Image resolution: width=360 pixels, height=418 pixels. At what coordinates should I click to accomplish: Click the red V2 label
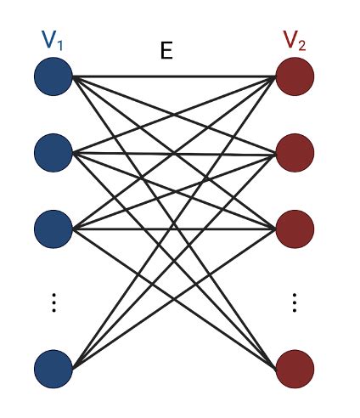294,41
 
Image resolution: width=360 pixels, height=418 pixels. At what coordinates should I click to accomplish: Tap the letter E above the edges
166,51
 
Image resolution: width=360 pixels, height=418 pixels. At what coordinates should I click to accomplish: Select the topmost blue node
53,78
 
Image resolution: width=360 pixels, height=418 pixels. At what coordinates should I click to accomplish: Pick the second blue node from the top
53,154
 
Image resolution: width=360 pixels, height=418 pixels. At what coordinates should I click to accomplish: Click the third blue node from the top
53,229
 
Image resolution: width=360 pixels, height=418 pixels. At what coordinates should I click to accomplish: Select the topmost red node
295,78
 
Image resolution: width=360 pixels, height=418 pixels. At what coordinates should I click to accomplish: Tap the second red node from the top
295,154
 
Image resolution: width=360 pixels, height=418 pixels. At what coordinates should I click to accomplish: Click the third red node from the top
295,229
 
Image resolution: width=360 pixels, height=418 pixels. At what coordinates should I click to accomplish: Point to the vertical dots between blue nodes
53,302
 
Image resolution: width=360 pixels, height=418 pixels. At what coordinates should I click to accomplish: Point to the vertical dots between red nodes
295,302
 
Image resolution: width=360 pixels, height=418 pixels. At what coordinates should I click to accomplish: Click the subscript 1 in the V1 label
61,45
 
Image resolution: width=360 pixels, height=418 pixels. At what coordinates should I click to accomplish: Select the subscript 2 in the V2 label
302,45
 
